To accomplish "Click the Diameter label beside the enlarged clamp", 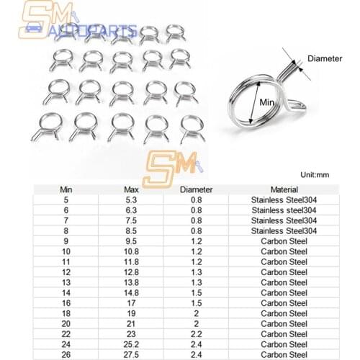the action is tap(325, 58).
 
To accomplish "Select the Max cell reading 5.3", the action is tap(131, 200).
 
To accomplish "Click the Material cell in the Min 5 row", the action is tap(283, 200).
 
